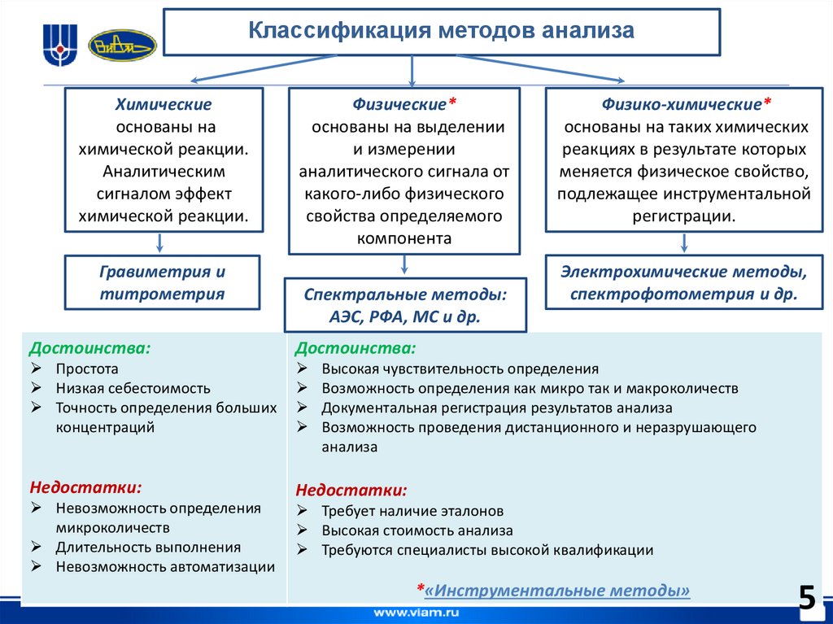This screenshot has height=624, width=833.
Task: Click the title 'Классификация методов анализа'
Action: point(441,32)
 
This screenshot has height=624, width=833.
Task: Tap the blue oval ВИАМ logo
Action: point(120,45)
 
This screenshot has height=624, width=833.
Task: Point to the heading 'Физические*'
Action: point(404,104)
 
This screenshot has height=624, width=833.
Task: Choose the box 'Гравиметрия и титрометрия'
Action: point(162,282)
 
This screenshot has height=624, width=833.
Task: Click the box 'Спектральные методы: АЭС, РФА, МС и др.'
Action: point(404,305)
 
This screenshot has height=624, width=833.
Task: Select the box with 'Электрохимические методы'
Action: point(684,282)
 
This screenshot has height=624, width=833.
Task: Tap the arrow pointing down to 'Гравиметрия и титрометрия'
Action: point(159,242)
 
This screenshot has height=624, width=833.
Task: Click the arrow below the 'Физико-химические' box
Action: point(684,242)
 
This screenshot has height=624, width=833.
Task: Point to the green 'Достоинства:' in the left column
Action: point(89,348)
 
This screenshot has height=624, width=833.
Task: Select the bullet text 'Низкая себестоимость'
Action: point(133,388)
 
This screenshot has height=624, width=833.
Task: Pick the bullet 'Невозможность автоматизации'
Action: point(165,566)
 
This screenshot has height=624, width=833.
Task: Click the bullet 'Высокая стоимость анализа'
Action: point(416,530)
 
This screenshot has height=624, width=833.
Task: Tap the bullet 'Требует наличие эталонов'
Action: point(412,511)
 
